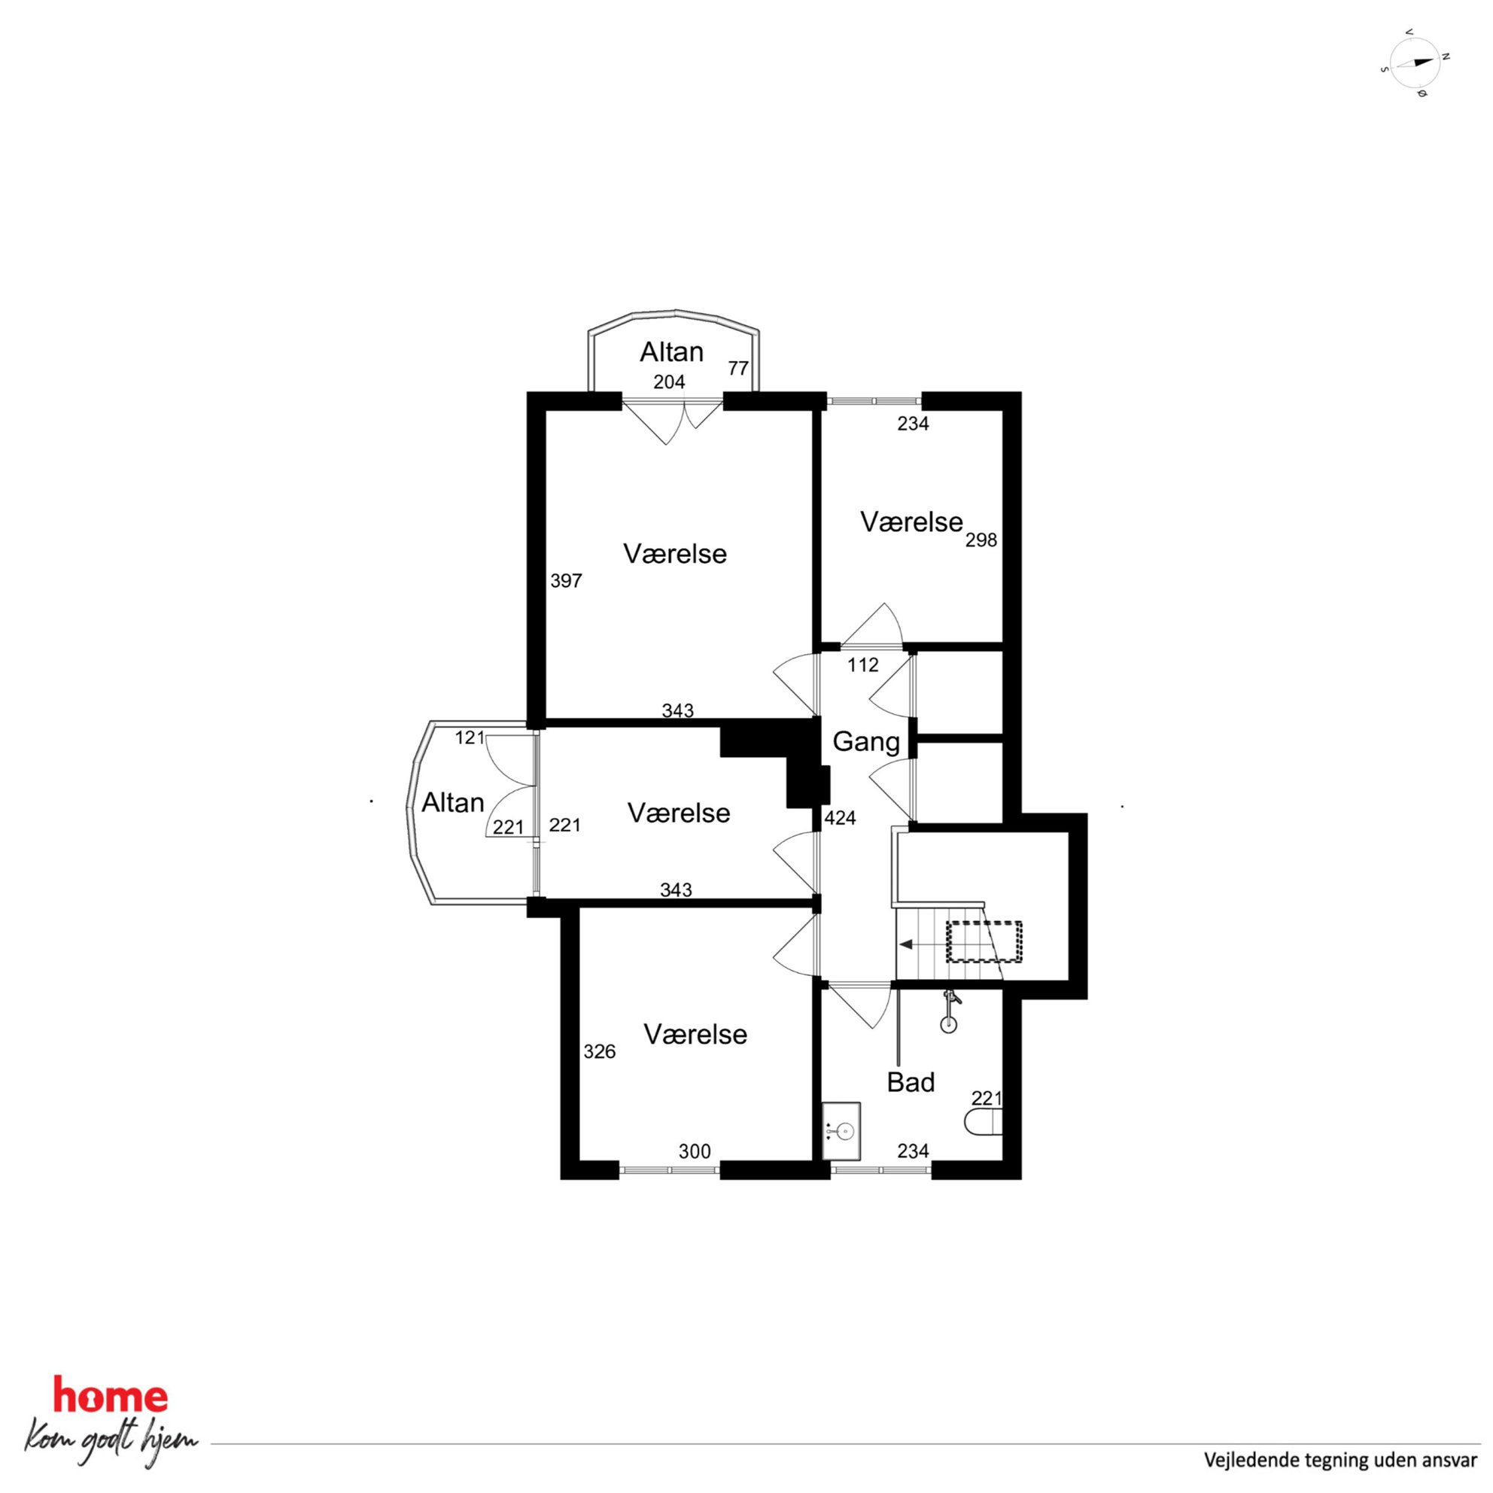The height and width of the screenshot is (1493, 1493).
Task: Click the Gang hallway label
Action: pos(865,742)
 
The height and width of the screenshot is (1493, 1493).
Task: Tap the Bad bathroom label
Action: pos(911,1082)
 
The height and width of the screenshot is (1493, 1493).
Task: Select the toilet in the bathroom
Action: pos(983,1123)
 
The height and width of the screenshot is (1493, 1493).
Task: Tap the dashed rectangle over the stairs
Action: pos(984,942)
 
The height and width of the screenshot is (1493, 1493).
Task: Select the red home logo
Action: pos(110,1396)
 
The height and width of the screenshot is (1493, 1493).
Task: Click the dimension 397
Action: pos(566,580)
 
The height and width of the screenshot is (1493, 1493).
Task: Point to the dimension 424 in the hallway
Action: pos(840,817)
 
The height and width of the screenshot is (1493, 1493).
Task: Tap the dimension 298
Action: pos(981,540)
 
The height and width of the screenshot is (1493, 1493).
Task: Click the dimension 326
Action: pos(599,1051)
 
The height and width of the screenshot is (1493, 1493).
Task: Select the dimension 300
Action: pos(694,1151)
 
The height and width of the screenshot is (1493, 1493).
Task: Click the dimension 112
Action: pos(862,664)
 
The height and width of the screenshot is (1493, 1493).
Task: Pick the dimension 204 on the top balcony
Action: pos(669,382)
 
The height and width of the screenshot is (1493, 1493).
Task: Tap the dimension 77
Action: pos(738,368)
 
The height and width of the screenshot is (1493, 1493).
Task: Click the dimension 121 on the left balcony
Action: pos(469,737)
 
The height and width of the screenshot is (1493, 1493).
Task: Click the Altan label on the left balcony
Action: pos(453,803)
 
